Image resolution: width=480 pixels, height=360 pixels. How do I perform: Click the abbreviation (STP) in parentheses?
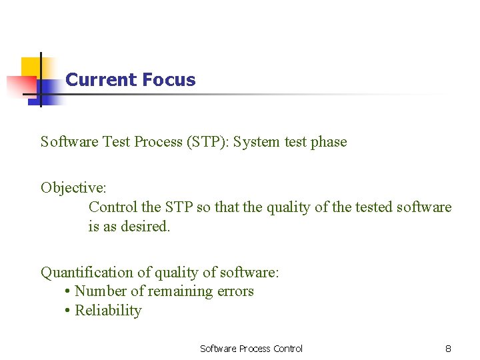click(x=206, y=141)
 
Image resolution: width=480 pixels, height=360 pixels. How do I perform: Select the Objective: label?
click(x=71, y=187)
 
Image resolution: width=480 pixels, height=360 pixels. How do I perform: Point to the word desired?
click(x=145, y=227)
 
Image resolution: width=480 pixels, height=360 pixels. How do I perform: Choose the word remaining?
click(x=179, y=291)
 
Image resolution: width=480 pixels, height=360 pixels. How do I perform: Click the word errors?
click(x=234, y=291)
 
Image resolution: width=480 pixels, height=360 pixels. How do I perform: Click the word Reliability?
click(x=108, y=311)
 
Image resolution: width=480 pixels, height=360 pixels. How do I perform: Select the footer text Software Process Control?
click(x=251, y=349)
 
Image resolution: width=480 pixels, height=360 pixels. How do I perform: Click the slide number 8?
click(x=448, y=349)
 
